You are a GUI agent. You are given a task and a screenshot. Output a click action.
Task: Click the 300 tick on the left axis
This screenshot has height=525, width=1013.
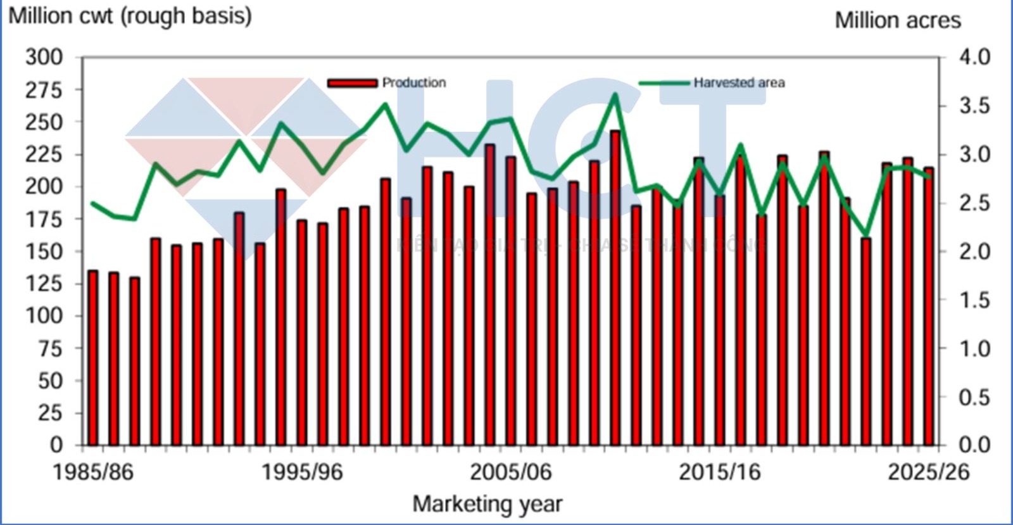[x=44, y=57]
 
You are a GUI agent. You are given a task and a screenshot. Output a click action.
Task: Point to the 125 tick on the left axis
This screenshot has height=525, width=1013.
[x=44, y=283]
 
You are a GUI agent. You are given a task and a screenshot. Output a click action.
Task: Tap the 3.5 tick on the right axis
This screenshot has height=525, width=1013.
[x=974, y=106]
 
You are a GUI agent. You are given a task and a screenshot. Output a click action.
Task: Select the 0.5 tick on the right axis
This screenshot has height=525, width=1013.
[x=974, y=397]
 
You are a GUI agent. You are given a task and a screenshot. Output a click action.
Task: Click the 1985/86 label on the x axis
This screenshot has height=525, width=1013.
[x=93, y=472]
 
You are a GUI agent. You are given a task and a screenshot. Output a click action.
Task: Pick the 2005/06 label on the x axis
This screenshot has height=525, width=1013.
[x=510, y=472]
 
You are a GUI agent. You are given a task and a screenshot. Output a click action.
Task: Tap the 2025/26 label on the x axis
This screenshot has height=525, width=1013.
[x=928, y=472]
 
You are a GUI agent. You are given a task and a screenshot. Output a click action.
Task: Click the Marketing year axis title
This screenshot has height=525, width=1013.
[x=488, y=504]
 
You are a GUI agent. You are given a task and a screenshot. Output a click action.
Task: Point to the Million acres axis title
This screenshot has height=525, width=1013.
[x=898, y=20]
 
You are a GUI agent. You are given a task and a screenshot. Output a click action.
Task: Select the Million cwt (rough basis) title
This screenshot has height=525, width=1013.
[x=130, y=16]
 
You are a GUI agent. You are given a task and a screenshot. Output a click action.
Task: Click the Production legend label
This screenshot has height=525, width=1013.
[x=414, y=82]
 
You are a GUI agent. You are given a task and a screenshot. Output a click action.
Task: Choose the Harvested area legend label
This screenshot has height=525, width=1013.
[x=739, y=82]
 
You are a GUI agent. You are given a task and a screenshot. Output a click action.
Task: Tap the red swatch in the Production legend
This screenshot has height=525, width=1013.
[x=352, y=83]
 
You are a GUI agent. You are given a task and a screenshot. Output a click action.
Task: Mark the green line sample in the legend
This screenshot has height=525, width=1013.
[x=664, y=83]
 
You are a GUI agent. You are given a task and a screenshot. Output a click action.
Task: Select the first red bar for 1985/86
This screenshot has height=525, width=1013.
[x=93, y=358]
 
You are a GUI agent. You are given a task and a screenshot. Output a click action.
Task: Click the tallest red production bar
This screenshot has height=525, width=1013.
[x=615, y=288]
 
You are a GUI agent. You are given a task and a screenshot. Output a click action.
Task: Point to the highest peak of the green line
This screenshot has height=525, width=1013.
[x=615, y=95]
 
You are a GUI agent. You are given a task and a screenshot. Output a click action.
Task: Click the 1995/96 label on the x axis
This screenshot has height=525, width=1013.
[x=302, y=472]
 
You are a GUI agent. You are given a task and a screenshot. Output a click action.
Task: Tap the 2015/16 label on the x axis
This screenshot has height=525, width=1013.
[x=720, y=472]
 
